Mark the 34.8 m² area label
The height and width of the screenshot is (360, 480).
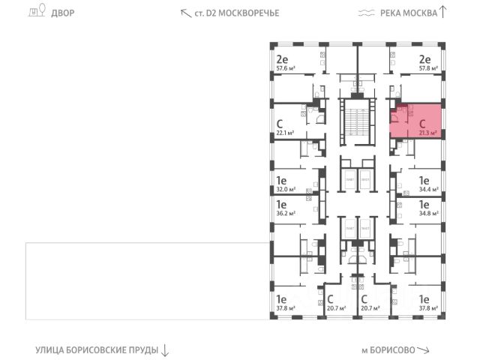(428, 214)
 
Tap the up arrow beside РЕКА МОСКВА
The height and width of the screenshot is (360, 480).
(443, 12)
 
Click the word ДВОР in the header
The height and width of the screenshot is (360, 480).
(63, 13)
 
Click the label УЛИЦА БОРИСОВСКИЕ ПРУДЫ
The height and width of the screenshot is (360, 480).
(97, 349)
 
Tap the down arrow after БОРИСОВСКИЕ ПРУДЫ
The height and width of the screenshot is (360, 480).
(165, 349)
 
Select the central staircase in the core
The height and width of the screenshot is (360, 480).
(355, 119)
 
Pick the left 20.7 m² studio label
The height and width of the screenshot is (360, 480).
(331, 307)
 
